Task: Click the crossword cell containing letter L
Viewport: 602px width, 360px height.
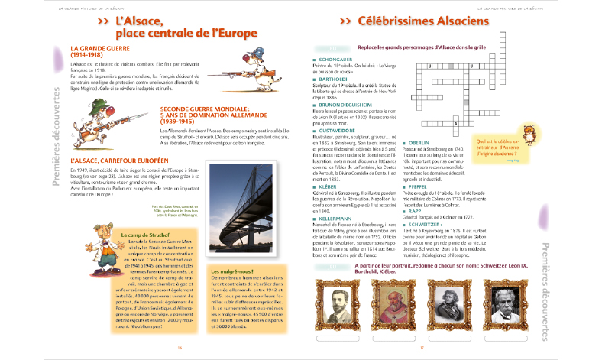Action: point(419,97)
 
